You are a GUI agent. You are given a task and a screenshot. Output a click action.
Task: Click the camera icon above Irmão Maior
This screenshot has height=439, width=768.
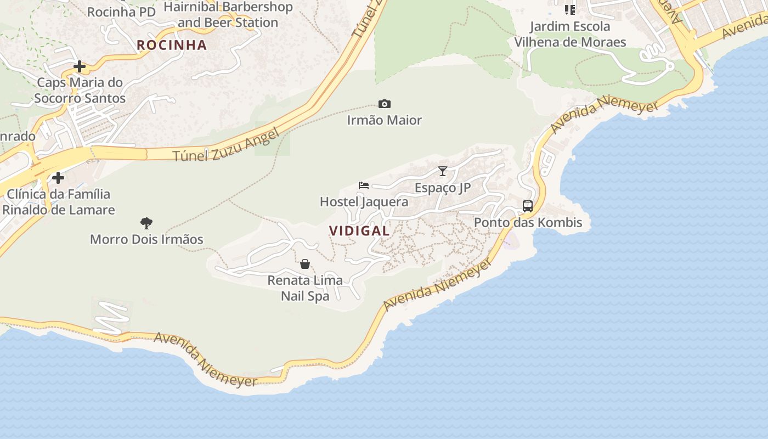click(385, 104)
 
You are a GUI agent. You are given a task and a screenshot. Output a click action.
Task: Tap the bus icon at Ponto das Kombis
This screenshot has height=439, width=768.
click(528, 206)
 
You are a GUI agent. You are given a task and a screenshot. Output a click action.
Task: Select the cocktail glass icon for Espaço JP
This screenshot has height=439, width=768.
click(443, 171)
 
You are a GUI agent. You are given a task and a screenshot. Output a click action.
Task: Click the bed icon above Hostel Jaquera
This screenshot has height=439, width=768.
click(364, 185)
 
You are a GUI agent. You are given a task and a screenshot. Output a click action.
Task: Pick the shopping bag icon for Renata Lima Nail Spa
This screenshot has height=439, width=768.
click(305, 264)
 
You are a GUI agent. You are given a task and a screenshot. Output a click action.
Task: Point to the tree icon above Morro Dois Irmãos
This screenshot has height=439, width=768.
click(146, 223)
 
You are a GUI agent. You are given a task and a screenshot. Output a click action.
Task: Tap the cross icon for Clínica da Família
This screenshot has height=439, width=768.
click(58, 178)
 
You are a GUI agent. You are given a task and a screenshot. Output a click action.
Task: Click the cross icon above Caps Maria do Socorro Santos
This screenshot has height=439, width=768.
click(80, 67)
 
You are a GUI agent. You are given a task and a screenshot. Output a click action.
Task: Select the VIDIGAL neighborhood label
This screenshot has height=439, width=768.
click(359, 231)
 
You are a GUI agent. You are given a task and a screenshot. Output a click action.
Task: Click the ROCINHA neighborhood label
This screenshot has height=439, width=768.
click(172, 45)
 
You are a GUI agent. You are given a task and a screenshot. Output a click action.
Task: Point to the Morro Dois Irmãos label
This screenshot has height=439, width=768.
click(146, 239)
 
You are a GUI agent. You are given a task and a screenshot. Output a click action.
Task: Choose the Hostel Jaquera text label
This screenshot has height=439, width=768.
click(364, 202)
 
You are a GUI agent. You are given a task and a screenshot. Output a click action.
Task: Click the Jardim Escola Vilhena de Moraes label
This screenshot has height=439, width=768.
click(570, 34)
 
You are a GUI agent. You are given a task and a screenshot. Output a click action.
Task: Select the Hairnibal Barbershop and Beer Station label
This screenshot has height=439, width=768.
click(228, 15)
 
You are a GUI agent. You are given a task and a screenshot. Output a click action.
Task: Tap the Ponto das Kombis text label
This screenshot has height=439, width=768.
click(528, 223)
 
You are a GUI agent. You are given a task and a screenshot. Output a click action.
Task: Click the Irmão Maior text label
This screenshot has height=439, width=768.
click(385, 120)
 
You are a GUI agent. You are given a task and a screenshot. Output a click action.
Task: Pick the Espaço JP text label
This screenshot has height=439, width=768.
click(443, 188)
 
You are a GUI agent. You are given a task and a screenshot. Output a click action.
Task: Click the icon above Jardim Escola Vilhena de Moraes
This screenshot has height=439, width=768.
click(570, 10)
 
